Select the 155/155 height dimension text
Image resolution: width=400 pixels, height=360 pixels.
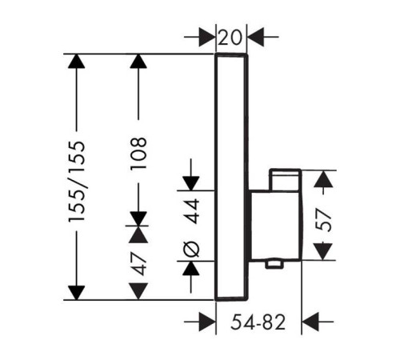pyautogui.click(x=77, y=182)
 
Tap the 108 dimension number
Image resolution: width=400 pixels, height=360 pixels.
pyautogui.click(x=138, y=153)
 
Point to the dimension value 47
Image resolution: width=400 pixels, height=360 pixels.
pyautogui.click(x=139, y=264)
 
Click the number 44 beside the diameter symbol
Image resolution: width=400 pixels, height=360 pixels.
pyautogui.click(x=192, y=211)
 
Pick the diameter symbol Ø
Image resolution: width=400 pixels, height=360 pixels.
pyautogui.click(x=192, y=249)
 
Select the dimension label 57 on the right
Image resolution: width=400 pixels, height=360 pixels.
pyautogui.click(x=323, y=220)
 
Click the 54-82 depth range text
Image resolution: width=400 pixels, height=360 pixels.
pyautogui.click(x=258, y=322)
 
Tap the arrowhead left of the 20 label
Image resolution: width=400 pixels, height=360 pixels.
pyautogui.click(x=207, y=37)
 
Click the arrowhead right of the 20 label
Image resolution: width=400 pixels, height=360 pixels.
pyautogui.click(x=256, y=37)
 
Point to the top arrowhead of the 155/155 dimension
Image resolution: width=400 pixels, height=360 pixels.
pyautogui.click(x=77, y=62)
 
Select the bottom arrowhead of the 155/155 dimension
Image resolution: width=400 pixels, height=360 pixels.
pyautogui.click(x=77, y=293)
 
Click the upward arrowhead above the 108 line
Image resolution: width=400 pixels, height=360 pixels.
pyautogui.click(x=138, y=62)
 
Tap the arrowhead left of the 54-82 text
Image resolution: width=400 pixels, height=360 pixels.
pyautogui.click(x=207, y=322)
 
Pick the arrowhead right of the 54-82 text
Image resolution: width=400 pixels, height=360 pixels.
pyautogui.click(x=310, y=322)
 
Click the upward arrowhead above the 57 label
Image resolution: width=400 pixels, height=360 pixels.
pyautogui.click(x=323, y=178)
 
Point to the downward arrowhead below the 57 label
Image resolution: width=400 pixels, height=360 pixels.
pyautogui.click(x=323, y=251)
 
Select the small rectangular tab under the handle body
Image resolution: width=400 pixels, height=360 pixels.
pyautogui.click(x=274, y=265)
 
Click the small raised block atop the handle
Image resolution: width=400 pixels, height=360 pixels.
pyautogui.click(x=285, y=180)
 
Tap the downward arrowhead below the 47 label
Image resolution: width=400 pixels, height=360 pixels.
pyautogui.click(x=138, y=291)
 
